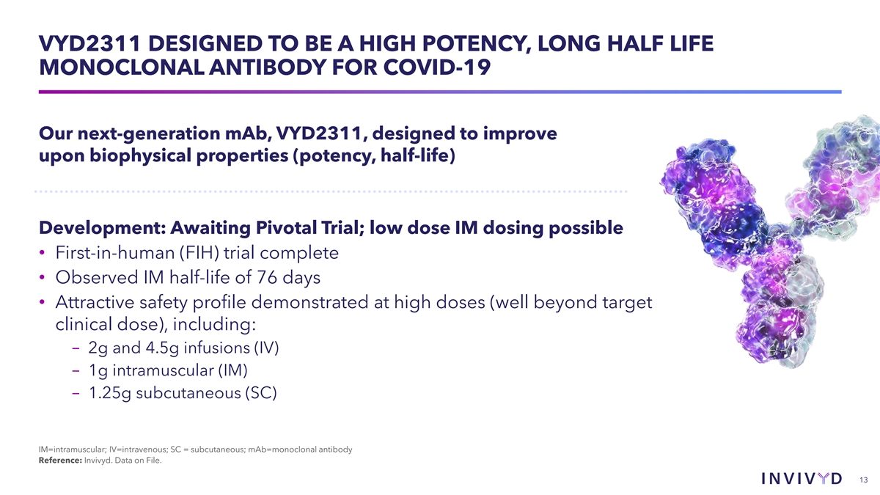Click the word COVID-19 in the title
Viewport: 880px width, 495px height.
437,67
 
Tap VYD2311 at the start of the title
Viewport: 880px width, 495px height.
90,43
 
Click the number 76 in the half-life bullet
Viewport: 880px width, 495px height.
267,277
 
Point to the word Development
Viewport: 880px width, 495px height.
102,228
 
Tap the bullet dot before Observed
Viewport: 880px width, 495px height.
42,278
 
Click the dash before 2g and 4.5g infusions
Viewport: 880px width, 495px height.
76,348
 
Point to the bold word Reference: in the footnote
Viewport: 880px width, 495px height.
60,461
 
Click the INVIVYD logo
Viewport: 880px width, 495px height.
802,478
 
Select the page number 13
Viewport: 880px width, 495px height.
864,480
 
